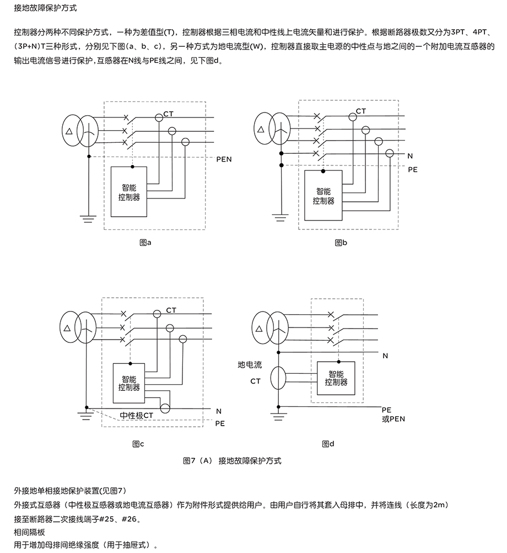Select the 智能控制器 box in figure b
pos(323,196)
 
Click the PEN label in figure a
pos(224,159)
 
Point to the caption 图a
pos(145,242)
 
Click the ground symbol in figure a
pos(88,219)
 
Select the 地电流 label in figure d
pos(250,364)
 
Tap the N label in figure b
pos(410,155)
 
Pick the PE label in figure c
pos(220,423)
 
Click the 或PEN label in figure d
pos(393,418)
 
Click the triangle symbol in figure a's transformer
pos(68,132)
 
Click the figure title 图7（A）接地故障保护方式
pos(231,460)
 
